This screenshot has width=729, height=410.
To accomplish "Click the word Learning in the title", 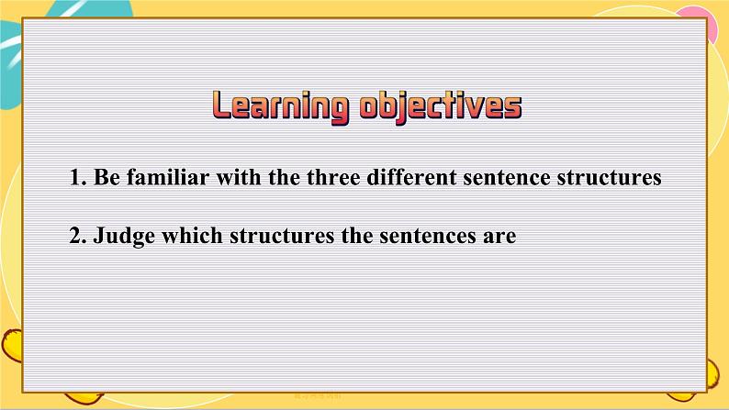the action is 280,107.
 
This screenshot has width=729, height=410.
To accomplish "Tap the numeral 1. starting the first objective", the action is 78,177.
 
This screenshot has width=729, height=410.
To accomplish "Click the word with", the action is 239,177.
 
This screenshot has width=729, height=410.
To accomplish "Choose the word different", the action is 411,177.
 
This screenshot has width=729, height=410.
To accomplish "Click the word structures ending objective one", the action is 609,178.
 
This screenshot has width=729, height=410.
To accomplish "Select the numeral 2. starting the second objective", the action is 78,236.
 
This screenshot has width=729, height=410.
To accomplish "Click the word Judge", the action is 124,237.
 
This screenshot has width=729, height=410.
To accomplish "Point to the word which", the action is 192,236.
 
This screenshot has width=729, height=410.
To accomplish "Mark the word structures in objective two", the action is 282,237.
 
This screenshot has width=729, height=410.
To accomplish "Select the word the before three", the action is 284,177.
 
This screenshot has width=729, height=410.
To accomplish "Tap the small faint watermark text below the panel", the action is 318,396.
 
